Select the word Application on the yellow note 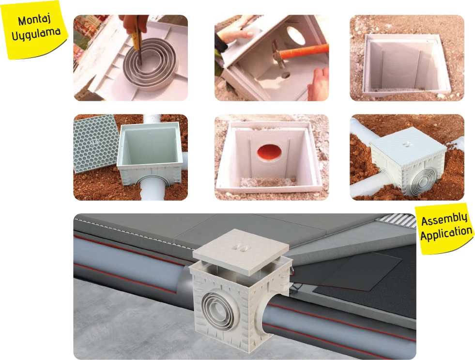pyautogui.click(x=446, y=233)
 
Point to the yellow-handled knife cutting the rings pyautogui.click(x=137, y=39)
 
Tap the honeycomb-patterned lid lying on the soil pyautogui.click(x=94, y=142)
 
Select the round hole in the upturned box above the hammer pyautogui.click(x=295, y=35)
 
